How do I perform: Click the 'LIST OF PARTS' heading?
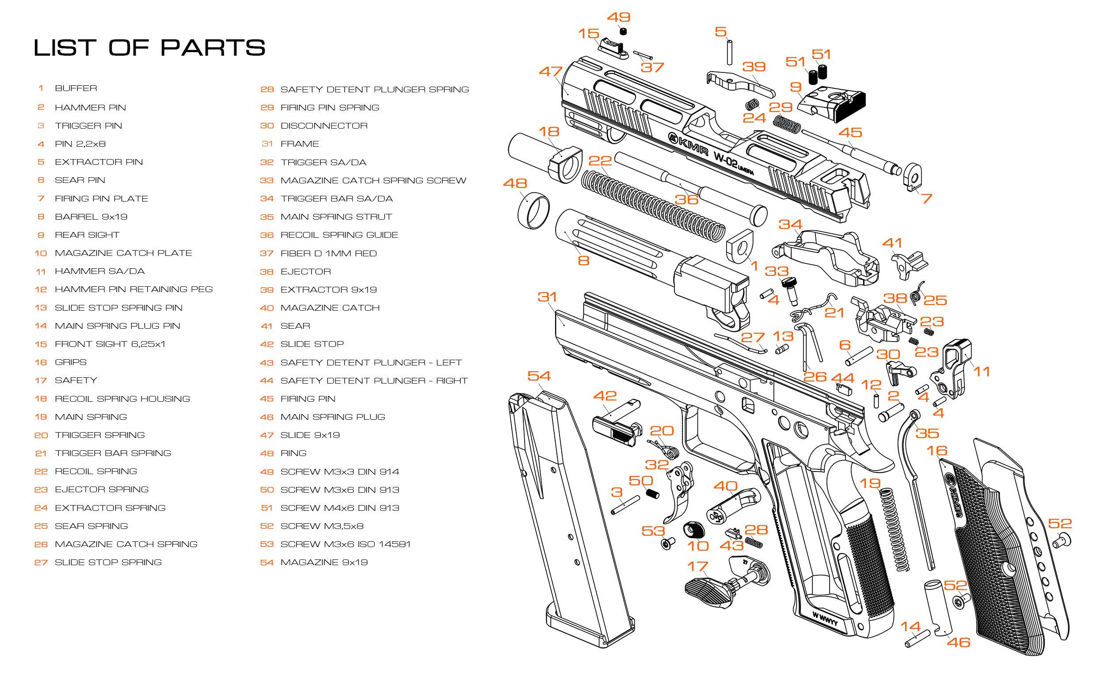149,48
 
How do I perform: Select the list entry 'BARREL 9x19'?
91,217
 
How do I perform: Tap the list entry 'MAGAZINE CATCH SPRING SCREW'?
373,181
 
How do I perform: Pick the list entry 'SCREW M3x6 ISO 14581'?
345,544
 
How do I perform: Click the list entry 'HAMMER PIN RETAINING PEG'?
133,289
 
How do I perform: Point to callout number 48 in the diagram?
515,183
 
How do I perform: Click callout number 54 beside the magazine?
539,376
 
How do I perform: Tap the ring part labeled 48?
533,210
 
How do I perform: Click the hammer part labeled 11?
953,370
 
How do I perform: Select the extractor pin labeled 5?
730,53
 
